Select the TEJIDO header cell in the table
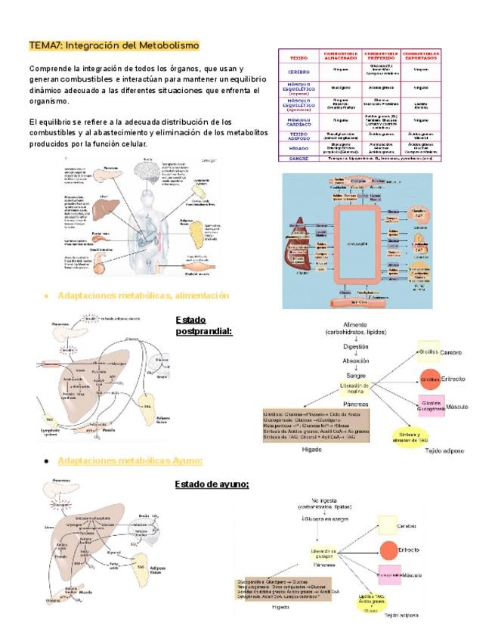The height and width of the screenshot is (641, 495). pos(299,57)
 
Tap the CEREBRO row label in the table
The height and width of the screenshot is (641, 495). pos(299,72)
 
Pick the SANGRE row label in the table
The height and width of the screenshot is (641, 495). pos(299,159)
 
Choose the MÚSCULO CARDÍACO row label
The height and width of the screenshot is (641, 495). pos(299,120)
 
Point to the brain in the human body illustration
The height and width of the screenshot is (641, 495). pos(148,166)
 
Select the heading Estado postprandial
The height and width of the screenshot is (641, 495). pos(203,325)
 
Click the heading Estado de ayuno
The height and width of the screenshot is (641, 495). pos(212,484)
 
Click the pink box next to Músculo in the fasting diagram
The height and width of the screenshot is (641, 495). pos(388,575)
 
